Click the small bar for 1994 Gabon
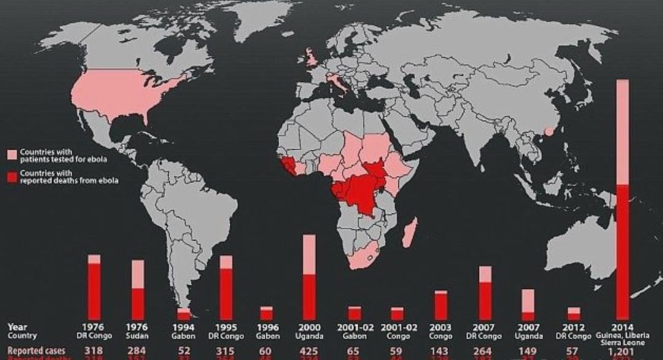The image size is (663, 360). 184,314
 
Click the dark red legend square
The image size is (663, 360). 12,177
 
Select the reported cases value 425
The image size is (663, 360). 310,350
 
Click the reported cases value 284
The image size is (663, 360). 138,350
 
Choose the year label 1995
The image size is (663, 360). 226,327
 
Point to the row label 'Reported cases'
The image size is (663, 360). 31,350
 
